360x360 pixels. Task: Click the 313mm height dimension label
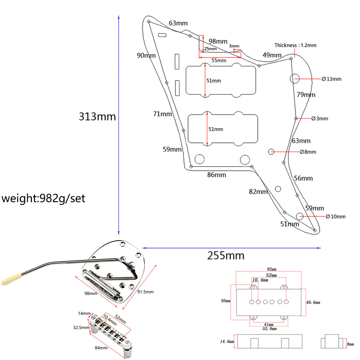[97, 116]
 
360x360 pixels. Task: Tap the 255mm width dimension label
[226, 256]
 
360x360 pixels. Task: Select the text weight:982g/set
[43, 199]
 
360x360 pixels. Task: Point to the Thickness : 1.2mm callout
[295, 45]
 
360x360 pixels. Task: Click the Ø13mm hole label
[332, 79]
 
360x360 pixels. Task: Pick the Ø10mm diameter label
[336, 217]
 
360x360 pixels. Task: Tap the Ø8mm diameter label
[308, 152]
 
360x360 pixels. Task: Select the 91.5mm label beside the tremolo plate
[145, 292]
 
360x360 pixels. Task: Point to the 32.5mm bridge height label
[81, 327]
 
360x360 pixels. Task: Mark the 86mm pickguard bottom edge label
[216, 175]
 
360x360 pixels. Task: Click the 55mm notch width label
[219, 60]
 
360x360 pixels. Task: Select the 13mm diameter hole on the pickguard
[294, 78]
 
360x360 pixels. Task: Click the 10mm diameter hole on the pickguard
[300, 216]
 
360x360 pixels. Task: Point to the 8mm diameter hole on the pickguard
[271, 152]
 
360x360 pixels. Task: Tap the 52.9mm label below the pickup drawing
[269, 329]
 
